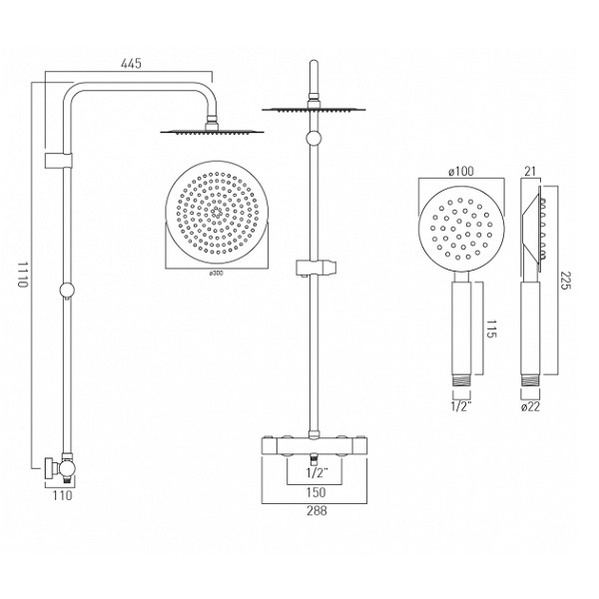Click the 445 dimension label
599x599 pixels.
(x=131, y=63)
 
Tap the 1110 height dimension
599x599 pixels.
(x=23, y=274)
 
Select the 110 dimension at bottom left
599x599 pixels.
(x=62, y=495)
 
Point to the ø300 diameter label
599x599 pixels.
(x=216, y=274)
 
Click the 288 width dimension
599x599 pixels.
(x=316, y=510)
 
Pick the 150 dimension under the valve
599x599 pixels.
(x=315, y=492)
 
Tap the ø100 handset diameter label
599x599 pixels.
(x=461, y=172)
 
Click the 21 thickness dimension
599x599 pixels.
(x=530, y=172)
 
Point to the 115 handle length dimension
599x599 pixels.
(x=491, y=328)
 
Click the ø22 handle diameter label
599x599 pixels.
(x=531, y=407)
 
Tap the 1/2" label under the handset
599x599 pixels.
(x=461, y=406)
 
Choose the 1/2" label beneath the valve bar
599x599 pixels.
(x=317, y=473)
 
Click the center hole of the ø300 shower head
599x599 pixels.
(x=217, y=213)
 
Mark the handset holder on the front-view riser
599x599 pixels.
(x=316, y=268)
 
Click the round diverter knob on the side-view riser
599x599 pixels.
(x=67, y=291)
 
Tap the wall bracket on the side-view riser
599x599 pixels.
(x=59, y=161)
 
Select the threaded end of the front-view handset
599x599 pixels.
(x=461, y=380)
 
